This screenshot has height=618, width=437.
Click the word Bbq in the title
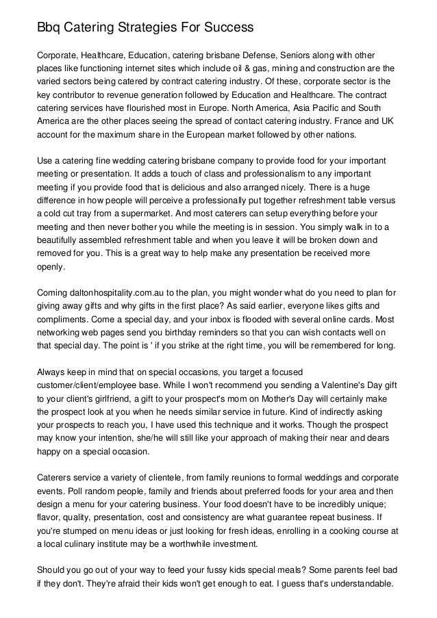point(49,28)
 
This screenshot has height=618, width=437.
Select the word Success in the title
point(231,28)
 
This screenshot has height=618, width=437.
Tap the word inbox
point(227,320)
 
